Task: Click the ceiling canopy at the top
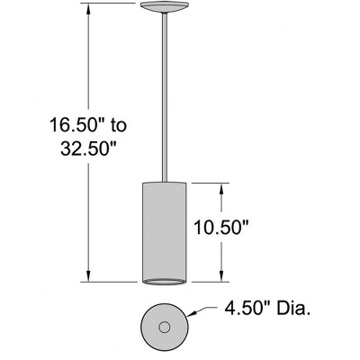click(x=164, y=9)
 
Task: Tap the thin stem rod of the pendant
click(x=164, y=99)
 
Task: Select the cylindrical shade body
click(x=164, y=229)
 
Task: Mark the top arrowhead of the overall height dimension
click(x=88, y=8)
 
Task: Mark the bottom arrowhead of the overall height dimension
click(x=88, y=276)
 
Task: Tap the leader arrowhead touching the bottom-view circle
click(x=189, y=316)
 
